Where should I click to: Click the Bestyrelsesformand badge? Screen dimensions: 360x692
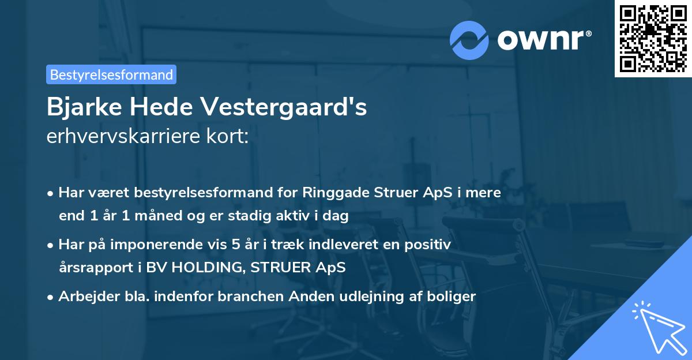click(x=111, y=74)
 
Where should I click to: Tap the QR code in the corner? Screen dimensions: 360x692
click(x=653, y=39)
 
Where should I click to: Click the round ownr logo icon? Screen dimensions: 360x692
click(x=469, y=40)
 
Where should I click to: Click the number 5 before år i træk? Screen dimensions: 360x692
click(x=235, y=245)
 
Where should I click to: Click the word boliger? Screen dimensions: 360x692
click(x=453, y=297)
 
